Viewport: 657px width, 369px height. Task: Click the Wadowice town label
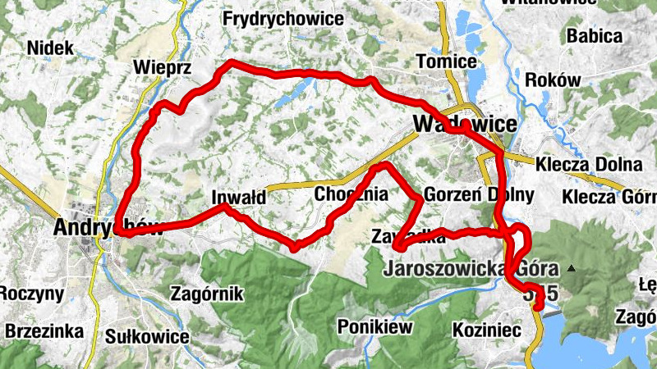coord(466,124)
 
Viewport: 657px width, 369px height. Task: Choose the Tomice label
coord(447,62)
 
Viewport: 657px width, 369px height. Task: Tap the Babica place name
coord(593,36)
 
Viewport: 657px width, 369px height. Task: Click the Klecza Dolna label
coord(588,163)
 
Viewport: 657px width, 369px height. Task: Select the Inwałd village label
coord(238,198)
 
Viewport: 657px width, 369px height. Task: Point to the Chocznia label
coord(351,195)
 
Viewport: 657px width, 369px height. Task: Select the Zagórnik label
coord(207,294)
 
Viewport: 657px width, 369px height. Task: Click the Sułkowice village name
coord(148,336)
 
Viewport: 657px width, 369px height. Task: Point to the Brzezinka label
coord(44,331)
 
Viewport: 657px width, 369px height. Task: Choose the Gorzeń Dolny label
coord(480,196)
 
